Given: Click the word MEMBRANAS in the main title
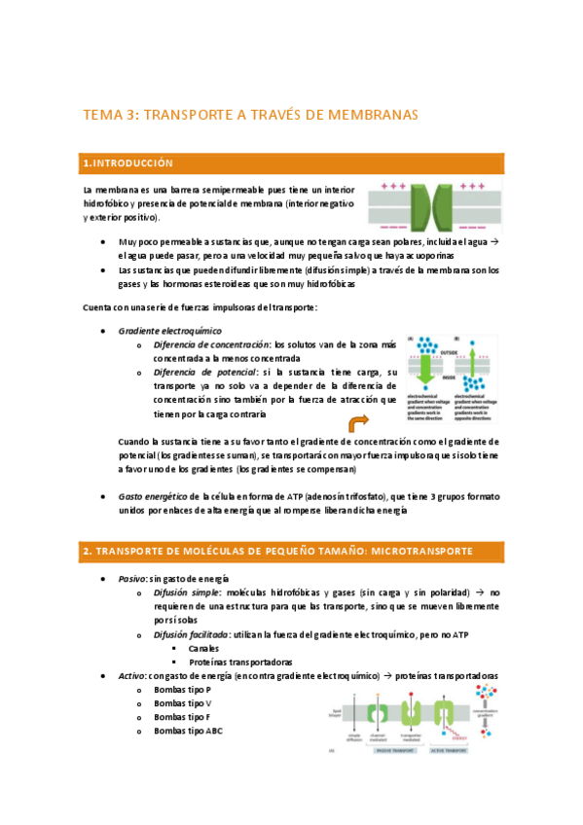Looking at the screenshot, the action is pos(364,115).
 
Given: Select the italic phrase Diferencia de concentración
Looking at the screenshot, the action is pos(211,344).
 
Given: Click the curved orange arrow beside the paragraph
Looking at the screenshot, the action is pos(358,421).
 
